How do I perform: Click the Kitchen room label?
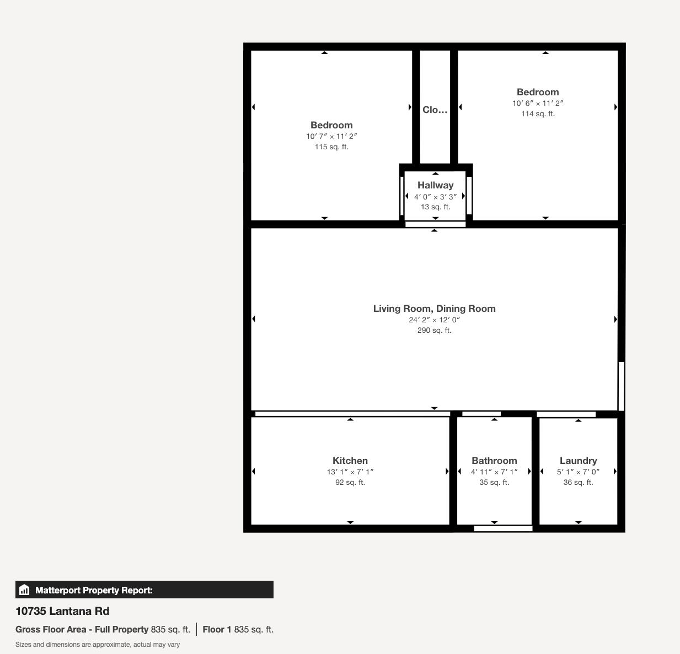350,461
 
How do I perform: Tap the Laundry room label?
578,461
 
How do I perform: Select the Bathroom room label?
494,461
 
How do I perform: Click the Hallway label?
435,185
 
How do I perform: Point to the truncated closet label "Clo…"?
435,110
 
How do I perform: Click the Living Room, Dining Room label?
434,309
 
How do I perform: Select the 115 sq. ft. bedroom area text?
331,147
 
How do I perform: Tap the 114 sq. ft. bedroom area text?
538,113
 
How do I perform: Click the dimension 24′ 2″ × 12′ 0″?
434,320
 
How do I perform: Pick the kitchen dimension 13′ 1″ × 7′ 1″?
350,472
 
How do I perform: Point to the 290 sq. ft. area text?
434,330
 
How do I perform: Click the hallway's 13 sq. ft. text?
435,207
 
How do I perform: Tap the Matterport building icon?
24,590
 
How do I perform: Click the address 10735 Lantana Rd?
62,611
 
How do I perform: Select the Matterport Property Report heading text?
94,590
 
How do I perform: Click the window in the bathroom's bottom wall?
503,529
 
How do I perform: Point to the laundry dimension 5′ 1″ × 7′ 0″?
578,472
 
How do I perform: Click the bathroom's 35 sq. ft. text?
494,482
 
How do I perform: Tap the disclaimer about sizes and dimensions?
98,645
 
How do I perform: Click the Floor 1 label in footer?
217,629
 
